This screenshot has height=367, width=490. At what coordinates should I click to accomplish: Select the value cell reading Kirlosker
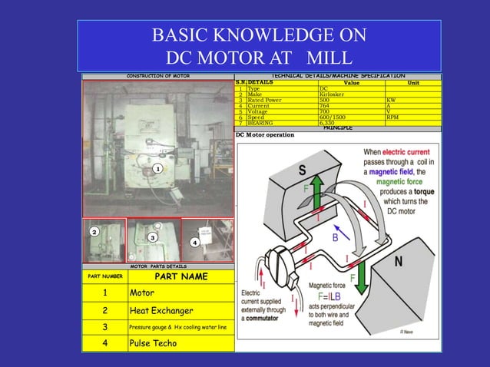point(335,94)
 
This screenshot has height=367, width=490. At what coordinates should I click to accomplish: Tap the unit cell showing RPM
point(393,117)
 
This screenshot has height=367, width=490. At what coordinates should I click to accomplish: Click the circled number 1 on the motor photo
point(156,168)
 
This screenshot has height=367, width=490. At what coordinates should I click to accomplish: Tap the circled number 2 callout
point(94,231)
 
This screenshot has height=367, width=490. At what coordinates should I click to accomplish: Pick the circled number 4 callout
point(194,243)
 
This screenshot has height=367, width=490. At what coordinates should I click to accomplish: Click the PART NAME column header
point(180,276)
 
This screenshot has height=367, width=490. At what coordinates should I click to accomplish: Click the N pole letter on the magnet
point(399,262)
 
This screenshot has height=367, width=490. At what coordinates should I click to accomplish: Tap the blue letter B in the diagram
point(335,238)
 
